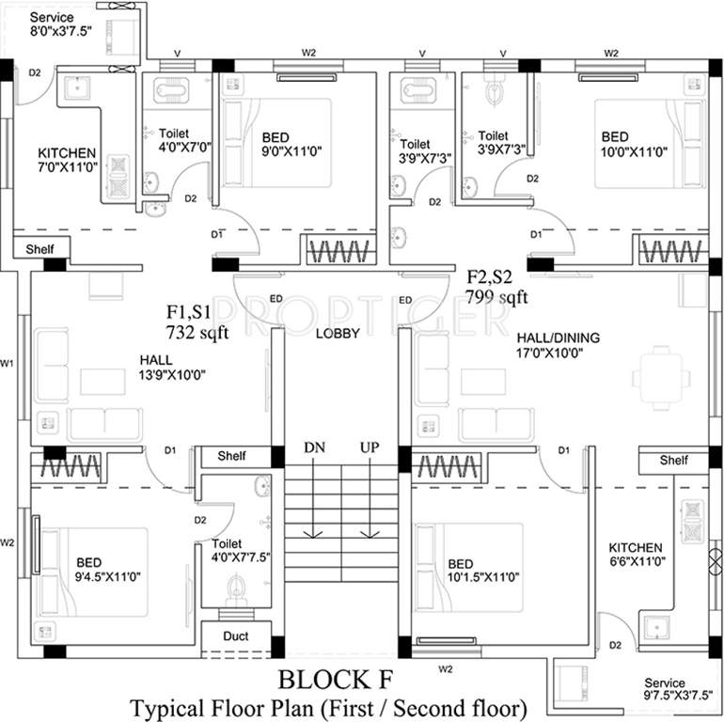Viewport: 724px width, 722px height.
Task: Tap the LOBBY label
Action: (x=338, y=333)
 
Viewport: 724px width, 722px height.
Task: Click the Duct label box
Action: (x=236, y=636)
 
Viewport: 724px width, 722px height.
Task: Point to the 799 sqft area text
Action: (x=496, y=298)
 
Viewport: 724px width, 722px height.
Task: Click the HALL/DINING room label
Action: (x=559, y=337)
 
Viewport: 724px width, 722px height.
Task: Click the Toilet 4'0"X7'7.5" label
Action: (x=241, y=551)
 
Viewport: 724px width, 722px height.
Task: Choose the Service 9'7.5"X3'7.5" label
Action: (x=678, y=690)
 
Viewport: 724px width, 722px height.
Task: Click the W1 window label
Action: (x=8, y=362)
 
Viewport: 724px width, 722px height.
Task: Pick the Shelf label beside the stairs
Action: (x=232, y=456)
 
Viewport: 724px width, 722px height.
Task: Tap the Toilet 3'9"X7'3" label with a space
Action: (x=416, y=151)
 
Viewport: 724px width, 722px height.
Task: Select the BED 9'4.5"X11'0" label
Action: (x=107, y=570)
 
